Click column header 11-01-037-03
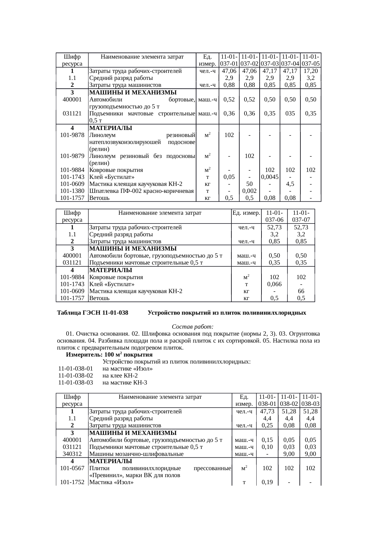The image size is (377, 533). [x=270, y=60]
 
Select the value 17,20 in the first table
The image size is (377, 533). [x=310, y=71]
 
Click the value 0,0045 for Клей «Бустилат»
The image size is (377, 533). [x=270, y=177]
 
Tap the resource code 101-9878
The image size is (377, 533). [x=72, y=135]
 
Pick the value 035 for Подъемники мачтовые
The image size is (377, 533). [x=290, y=114]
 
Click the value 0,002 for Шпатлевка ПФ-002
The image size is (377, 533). [x=249, y=191]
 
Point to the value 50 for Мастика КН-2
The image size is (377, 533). [x=249, y=184]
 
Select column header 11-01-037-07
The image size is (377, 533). [x=301, y=216]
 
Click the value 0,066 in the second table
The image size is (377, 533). [x=274, y=284]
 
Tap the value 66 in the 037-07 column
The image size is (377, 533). [x=301, y=291]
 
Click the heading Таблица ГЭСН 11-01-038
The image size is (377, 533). [x=92, y=313]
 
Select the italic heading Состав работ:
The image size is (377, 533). [x=193, y=327]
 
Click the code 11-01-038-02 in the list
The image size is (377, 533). [x=76, y=376]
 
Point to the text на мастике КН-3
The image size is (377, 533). [x=125, y=383]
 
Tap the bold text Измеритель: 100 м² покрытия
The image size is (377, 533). [x=109, y=355]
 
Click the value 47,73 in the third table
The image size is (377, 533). [x=267, y=412]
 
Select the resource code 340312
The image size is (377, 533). [x=72, y=454]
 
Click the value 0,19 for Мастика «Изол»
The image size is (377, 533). [x=267, y=482]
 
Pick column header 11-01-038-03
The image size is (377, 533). [x=310, y=400]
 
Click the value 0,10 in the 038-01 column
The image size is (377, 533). [x=267, y=447]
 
